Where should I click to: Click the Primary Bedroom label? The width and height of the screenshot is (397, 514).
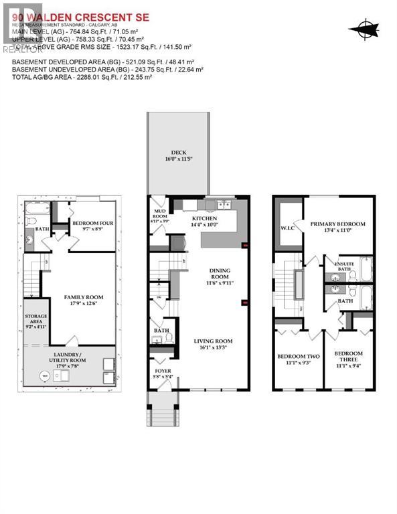pos(337,227)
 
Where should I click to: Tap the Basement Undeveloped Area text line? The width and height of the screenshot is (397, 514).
pos(107,69)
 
